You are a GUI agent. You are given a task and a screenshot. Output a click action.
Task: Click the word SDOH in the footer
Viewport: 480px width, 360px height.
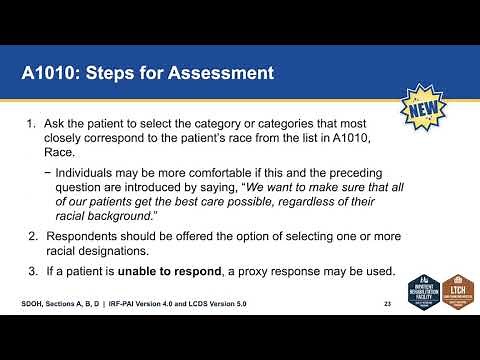pyautogui.click(x=33, y=302)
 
